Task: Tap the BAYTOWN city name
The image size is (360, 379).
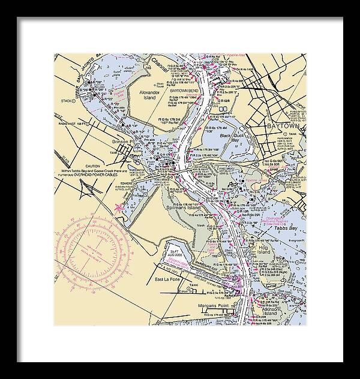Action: [281, 128]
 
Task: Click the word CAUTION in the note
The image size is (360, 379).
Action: [92, 166]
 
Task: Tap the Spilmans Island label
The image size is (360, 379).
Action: [188, 207]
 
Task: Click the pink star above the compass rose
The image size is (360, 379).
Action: [118, 207]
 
